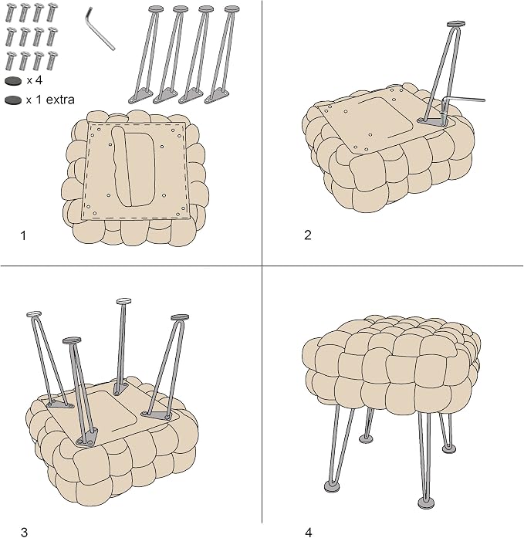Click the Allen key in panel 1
click(99, 30)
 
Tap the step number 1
click(23, 235)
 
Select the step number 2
click(308, 235)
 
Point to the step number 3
click(24, 533)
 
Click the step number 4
click(308, 533)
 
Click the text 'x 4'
click(35, 80)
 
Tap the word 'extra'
click(60, 100)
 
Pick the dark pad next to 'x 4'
click(13, 81)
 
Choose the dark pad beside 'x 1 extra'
click(13, 100)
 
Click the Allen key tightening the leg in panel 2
click(459, 102)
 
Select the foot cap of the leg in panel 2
click(456, 24)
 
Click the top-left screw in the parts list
click(11, 12)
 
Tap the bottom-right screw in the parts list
click(52, 60)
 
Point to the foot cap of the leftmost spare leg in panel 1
click(156, 8)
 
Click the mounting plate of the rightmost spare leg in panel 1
click(217, 96)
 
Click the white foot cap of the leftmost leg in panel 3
click(34, 314)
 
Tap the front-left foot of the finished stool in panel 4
click(332, 486)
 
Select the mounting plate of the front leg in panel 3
click(87, 438)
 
